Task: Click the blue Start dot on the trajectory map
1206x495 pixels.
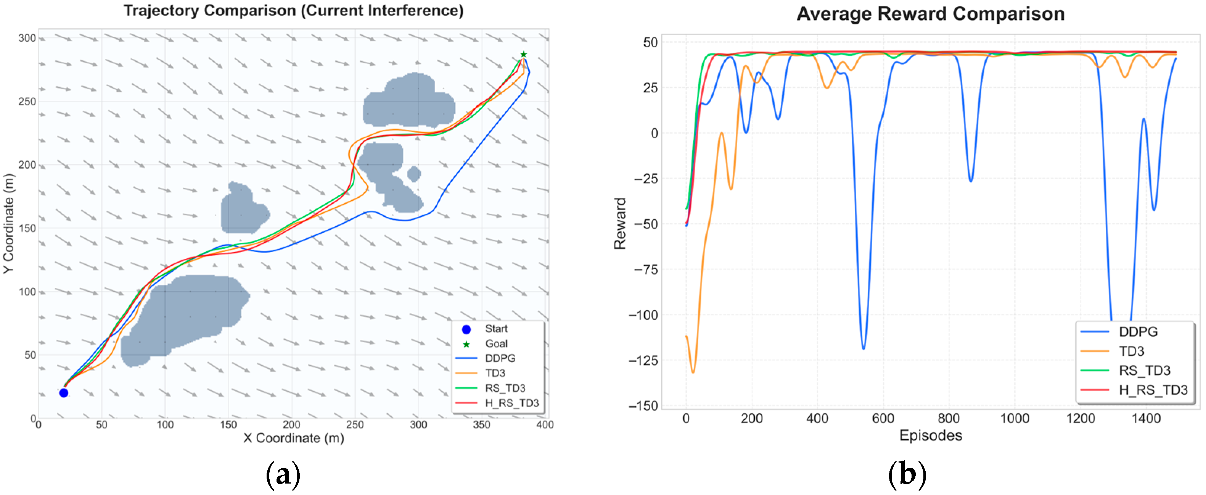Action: (64, 393)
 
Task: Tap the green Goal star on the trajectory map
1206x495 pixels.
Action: (523, 54)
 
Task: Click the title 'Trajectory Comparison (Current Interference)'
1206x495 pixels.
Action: (294, 11)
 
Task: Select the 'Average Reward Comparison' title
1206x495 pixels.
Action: (930, 14)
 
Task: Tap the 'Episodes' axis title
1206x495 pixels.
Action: (931, 435)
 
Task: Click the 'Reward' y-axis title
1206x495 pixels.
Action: (620, 223)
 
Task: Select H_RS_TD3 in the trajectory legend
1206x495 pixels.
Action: (512, 403)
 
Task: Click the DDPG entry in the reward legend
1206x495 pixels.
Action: (1138, 332)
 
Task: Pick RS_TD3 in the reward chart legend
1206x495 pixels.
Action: (1144, 371)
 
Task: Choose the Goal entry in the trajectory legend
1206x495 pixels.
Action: (496, 344)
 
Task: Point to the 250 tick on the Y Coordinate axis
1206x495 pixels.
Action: (27, 101)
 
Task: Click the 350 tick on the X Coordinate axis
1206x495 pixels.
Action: (482, 425)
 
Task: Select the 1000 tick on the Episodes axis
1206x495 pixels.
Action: (1015, 418)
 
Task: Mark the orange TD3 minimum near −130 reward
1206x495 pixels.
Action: (693, 372)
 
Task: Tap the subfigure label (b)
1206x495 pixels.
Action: (907, 475)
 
